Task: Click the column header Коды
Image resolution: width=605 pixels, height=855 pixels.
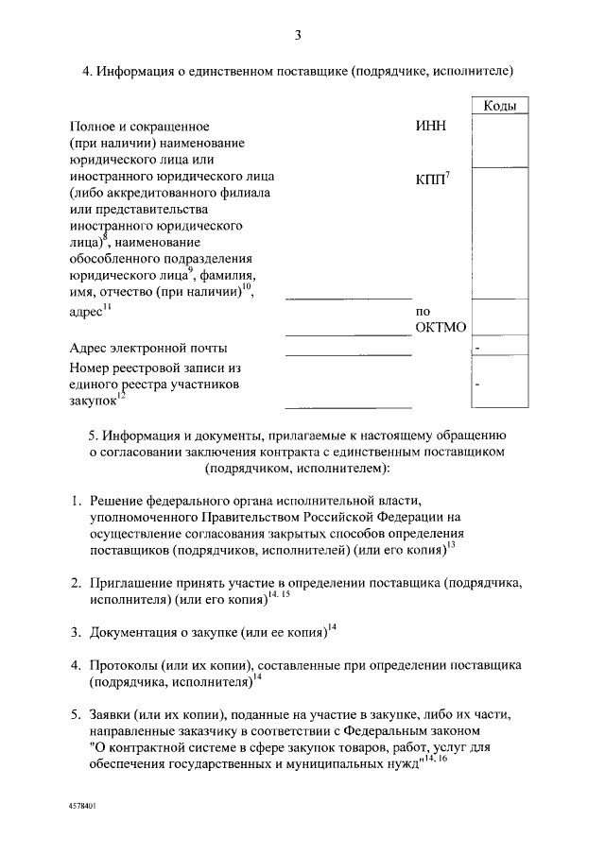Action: pyautogui.click(x=499, y=107)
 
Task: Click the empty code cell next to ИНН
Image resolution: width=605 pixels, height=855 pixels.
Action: pyautogui.click(x=499, y=140)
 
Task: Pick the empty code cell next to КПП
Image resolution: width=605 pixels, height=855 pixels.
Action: pyautogui.click(x=499, y=231)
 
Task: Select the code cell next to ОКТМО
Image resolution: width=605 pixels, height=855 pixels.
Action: pyautogui.click(x=499, y=319)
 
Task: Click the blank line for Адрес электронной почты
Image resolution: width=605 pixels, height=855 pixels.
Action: pyautogui.click(x=348, y=351)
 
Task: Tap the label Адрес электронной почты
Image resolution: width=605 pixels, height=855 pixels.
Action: pyautogui.click(x=148, y=349)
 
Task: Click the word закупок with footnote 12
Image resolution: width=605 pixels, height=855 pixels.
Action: pyautogui.click(x=94, y=401)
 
